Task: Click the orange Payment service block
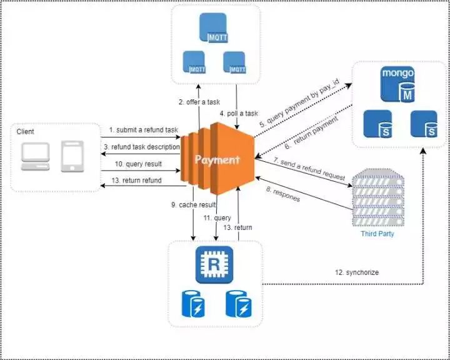[x=217, y=159]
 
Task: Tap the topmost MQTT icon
[x=213, y=28]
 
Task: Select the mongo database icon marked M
[x=397, y=84]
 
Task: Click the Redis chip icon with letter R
[x=214, y=265]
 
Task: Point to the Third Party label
[x=377, y=234]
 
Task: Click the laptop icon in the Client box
[x=36, y=156]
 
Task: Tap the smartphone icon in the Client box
[x=72, y=156]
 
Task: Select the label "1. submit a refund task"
[x=144, y=130]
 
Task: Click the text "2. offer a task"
[x=199, y=102]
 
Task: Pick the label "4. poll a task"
[x=239, y=113]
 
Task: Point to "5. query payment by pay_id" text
[x=299, y=102]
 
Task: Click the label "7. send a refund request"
[x=309, y=169]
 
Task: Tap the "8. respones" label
[x=283, y=194]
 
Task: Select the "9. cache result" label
[x=193, y=205]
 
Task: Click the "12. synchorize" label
[x=357, y=272]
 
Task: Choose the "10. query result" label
[x=138, y=164]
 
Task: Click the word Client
[x=25, y=132]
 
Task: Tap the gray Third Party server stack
[x=378, y=197]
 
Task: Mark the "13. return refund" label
[x=136, y=181]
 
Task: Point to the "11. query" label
[x=217, y=218]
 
